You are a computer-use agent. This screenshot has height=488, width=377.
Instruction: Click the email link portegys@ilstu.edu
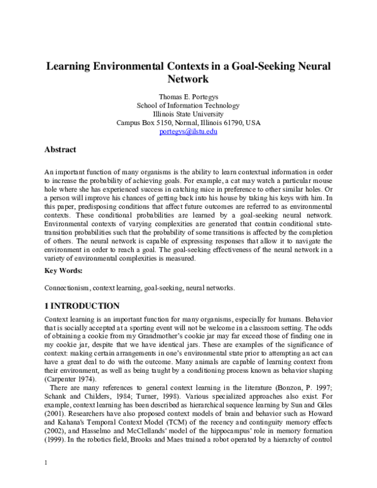(188, 132)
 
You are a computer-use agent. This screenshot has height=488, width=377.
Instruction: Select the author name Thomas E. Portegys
(188, 96)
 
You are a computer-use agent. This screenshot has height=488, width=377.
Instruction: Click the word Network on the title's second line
(188, 80)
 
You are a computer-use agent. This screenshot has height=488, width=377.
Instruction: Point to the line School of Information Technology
(188, 105)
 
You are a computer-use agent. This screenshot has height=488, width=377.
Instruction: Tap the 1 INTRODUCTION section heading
(82, 306)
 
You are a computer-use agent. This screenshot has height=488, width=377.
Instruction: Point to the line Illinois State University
(188, 114)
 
